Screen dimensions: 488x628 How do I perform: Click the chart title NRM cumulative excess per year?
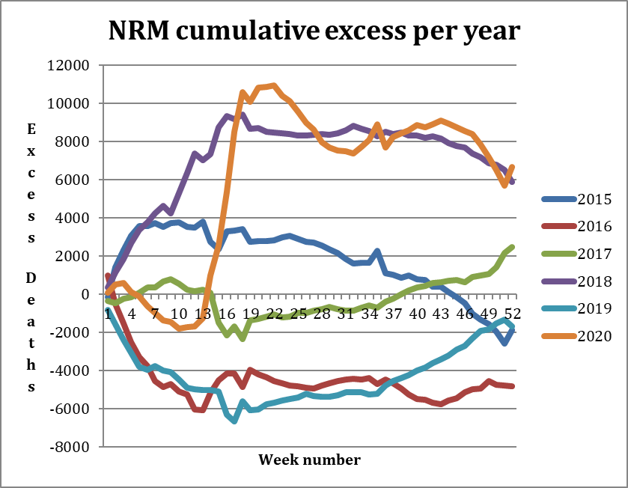click(314, 30)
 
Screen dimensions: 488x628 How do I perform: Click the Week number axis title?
click(309, 459)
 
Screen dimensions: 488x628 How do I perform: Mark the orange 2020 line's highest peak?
click(273, 85)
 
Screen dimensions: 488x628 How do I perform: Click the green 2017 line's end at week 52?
click(512, 247)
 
